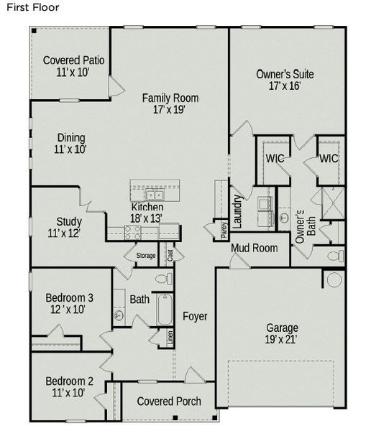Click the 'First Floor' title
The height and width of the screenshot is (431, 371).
[x=30, y=7]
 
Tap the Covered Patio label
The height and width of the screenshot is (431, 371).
[x=74, y=66]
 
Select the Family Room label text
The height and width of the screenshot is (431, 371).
[x=170, y=104]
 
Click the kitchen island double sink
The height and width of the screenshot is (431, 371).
[x=154, y=194]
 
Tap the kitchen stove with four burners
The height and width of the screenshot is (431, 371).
[x=132, y=231]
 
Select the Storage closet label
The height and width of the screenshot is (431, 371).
[x=145, y=255]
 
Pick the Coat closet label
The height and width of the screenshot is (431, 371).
[x=170, y=254]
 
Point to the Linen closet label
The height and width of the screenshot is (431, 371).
[x=170, y=337]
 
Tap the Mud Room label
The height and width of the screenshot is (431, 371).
[x=254, y=249]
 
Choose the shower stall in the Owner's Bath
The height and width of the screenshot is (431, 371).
[x=332, y=202]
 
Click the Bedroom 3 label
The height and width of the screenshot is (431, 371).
[x=69, y=303]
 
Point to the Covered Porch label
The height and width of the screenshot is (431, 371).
[x=169, y=401]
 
